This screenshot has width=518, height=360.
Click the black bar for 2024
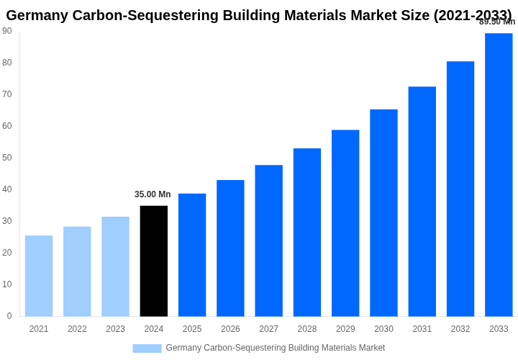tap(154, 261)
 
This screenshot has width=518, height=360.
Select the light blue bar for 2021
tap(39, 276)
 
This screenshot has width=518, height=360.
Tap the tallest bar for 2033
tap(499, 174)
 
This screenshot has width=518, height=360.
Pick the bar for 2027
tap(269, 240)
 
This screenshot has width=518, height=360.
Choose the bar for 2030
tap(383, 212)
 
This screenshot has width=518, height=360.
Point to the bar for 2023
tap(115, 266)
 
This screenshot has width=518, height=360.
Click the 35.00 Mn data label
tap(153, 194)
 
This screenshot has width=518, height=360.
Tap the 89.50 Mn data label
tap(497, 22)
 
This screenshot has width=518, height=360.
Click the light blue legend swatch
tap(147, 348)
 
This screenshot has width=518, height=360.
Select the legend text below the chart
tap(276, 348)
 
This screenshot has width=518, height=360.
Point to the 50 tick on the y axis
tap(7, 158)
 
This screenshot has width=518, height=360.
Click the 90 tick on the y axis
tap(7, 31)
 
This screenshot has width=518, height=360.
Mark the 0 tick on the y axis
tap(9, 316)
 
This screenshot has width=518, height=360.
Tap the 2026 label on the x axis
tap(230, 329)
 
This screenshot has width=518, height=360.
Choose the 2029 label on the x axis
tap(345, 329)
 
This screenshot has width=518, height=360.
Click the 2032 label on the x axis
tap(460, 329)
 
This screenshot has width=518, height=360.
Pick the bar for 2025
tap(192, 255)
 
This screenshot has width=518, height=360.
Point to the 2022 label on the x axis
tap(77, 329)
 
